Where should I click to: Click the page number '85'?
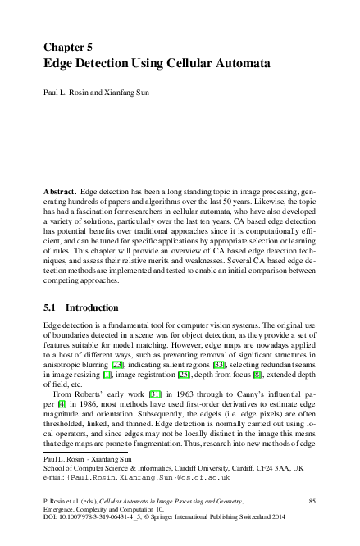312,499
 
